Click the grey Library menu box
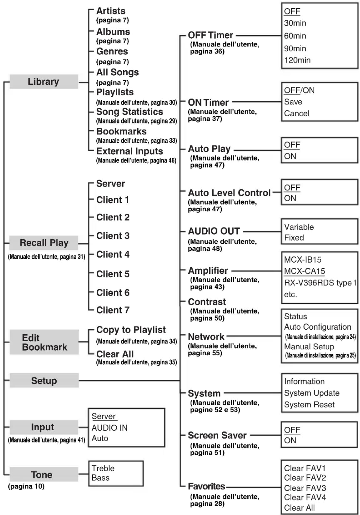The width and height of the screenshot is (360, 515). (x=43, y=82)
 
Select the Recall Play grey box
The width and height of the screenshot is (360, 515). (x=44, y=243)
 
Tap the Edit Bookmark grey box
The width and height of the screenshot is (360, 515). (x=44, y=342)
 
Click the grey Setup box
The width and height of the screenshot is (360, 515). (x=44, y=381)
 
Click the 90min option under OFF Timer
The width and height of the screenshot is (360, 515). (x=295, y=48)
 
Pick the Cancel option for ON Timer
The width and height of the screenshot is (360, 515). (x=297, y=113)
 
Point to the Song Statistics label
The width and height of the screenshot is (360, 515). (x=129, y=112)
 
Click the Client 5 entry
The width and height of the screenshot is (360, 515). (x=113, y=274)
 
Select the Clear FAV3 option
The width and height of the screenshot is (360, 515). (x=305, y=488)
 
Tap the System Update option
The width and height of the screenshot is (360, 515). (x=312, y=393)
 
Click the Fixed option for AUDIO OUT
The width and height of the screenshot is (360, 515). (x=294, y=238)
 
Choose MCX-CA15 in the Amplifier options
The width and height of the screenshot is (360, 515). (x=304, y=271)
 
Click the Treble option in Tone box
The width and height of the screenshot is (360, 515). (x=103, y=468)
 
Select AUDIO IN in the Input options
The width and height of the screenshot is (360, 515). (x=109, y=428)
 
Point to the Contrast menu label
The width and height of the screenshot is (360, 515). (x=207, y=302)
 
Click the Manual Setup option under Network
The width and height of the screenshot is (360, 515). (x=309, y=347)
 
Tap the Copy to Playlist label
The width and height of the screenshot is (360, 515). (x=131, y=330)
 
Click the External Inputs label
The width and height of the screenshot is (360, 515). (x=129, y=151)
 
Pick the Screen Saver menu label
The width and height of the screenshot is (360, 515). (x=217, y=435)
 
